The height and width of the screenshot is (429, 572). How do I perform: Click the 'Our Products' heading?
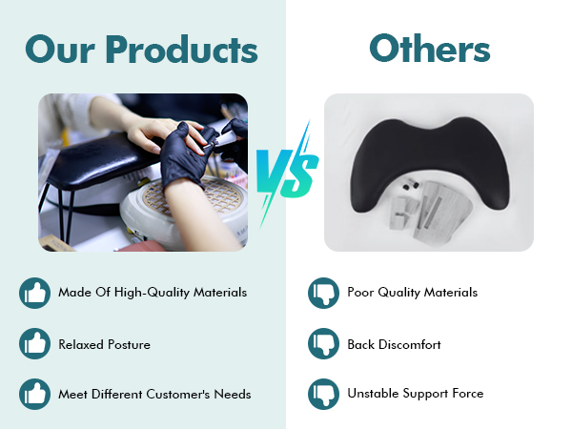(141, 50)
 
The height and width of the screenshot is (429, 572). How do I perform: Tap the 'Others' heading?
(430, 48)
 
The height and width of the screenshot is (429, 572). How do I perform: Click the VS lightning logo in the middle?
(288, 174)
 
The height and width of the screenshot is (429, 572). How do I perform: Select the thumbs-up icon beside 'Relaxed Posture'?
(34, 343)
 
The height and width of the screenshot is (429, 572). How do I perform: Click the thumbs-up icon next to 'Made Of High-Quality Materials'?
(34, 293)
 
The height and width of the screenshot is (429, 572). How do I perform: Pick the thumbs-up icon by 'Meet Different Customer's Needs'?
(34, 394)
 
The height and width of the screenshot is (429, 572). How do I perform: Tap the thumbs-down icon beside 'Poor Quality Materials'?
(323, 293)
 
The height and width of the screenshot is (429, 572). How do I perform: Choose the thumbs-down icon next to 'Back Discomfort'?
(323, 343)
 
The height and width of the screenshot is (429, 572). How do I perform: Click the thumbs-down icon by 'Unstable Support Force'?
(323, 394)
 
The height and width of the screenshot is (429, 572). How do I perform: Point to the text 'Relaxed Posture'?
(104, 344)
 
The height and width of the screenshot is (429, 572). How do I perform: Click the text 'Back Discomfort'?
(394, 344)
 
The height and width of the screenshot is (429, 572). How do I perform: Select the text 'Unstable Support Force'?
(416, 394)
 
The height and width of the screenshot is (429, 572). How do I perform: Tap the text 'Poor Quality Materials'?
(412, 293)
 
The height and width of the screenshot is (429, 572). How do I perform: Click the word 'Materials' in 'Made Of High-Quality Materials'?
(220, 293)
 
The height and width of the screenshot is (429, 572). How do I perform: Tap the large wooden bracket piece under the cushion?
(441, 210)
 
